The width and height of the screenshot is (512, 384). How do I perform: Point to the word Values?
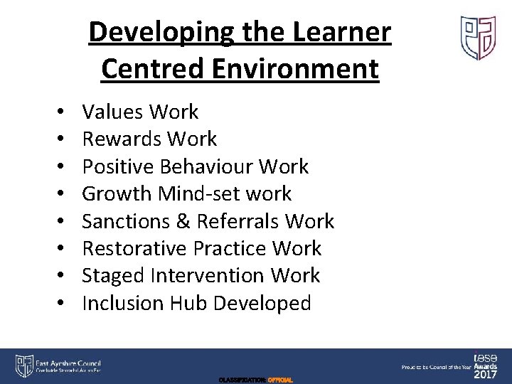114,112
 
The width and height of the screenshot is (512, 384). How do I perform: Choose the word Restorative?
134,248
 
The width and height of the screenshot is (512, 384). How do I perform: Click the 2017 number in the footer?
487,373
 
